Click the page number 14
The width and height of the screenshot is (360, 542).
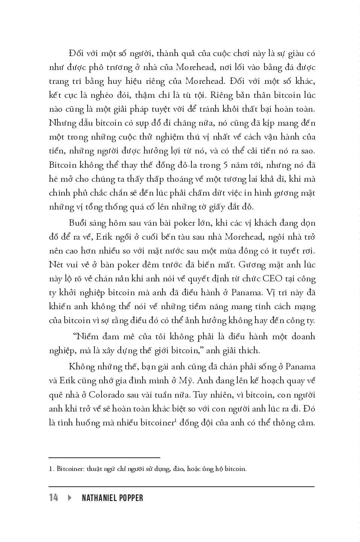[53, 498]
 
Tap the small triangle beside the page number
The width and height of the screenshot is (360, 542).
[70, 498]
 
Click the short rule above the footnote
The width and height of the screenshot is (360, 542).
[105, 458]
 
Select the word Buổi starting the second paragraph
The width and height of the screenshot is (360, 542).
[78, 223]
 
